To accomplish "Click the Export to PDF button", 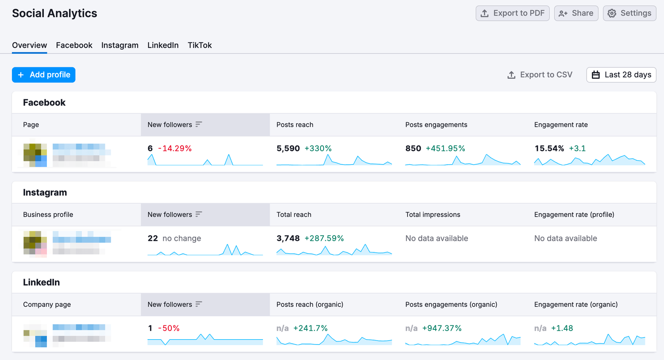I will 512,13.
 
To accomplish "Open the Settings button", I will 629,13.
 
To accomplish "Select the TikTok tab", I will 200,45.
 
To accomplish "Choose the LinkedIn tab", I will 163,45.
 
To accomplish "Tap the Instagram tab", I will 120,45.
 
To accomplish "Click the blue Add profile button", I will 43,75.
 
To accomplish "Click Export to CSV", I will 540,75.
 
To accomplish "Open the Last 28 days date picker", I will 621,75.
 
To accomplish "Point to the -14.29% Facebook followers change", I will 175,148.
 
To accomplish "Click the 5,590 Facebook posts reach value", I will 288,148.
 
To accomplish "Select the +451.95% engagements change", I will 445,148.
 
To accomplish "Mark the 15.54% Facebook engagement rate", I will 549,148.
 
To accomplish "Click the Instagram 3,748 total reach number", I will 288,238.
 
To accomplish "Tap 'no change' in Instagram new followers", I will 181,238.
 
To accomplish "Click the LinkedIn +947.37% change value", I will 442,328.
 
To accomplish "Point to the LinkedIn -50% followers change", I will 169,328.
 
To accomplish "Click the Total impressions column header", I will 432,215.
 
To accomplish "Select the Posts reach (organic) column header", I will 309,305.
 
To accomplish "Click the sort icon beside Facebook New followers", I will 199,124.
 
